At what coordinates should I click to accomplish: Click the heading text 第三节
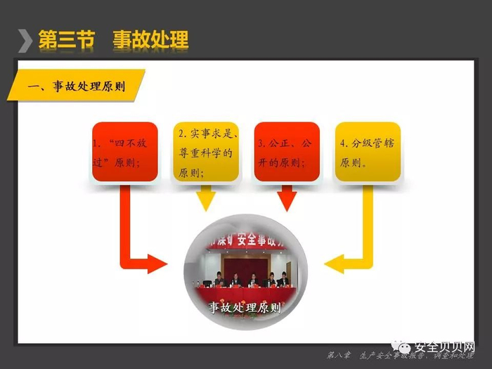pyautogui.click(x=66, y=39)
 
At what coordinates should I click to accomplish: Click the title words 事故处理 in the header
pyautogui.click(x=150, y=39)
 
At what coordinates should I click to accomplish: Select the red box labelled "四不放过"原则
pyautogui.click(x=125, y=153)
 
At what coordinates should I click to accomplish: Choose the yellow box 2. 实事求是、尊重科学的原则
pyautogui.click(x=205, y=153)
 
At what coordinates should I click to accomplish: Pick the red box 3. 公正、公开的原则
pyautogui.click(x=287, y=153)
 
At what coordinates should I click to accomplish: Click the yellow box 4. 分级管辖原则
pyautogui.click(x=367, y=153)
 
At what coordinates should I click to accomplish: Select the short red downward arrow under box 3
pyautogui.click(x=286, y=199)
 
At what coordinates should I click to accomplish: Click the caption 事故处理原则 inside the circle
pyautogui.click(x=245, y=307)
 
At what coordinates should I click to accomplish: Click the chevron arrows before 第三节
pyautogui.click(x=25, y=40)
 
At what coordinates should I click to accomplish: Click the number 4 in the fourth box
pyautogui.click(x=344, y=143)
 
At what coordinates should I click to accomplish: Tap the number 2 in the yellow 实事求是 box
pyautogui.click(x=182, y=133)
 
